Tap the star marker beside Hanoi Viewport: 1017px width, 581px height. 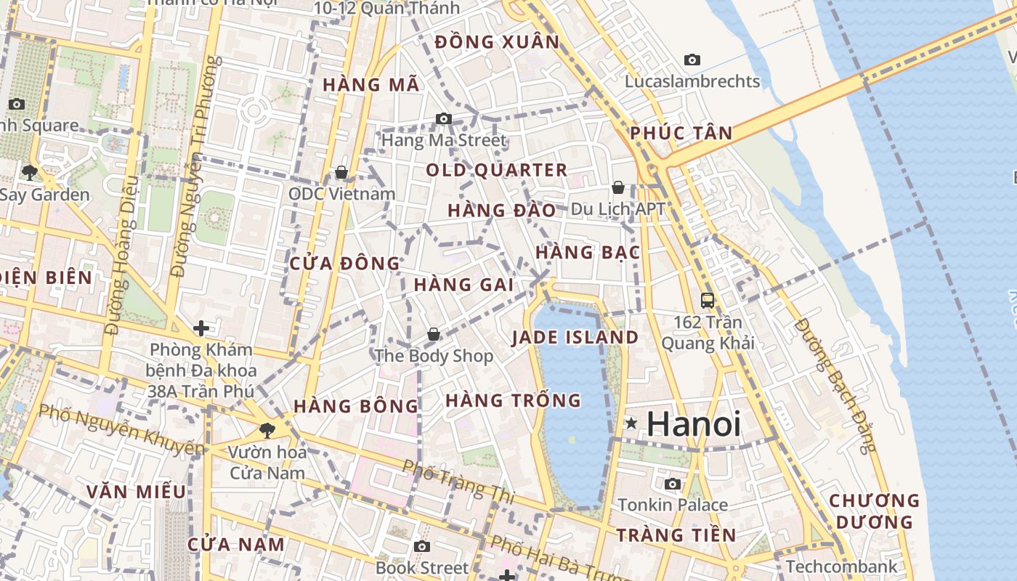(x=631, y=423)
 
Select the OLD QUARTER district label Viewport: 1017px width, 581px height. (x=496, y=171)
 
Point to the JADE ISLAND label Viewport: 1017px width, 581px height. (x=575, y=338)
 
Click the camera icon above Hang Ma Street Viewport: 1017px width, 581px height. (x=443, y=118)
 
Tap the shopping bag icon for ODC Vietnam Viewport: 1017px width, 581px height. (x=341, y=172)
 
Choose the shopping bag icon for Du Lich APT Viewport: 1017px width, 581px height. (x=618, y=187)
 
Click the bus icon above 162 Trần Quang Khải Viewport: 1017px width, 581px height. (x=707, y=300)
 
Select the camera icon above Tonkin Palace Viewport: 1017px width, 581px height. (x=673, y=484)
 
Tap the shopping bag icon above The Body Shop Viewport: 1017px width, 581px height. (x=434, y=334)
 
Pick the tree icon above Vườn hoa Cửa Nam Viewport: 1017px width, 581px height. (x=267, y=430)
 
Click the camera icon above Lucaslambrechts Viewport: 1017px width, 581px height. (x=692, y=60)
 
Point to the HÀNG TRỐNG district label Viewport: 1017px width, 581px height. (x=513, y=400)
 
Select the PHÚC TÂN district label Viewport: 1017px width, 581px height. (x=681, y=133)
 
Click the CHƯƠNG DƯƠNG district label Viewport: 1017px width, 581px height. (x=874, y=511)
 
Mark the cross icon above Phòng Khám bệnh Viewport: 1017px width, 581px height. (x=201, y=328)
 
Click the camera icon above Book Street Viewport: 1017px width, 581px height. (x=422, y=546)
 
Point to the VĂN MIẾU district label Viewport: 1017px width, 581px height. (x=137, y=492)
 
